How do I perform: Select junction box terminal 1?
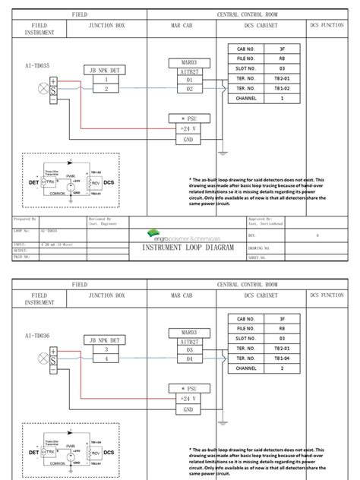[x=107, y=79]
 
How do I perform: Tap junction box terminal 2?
[x=107, y=88]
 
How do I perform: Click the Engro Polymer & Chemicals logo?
[x=179, y=237]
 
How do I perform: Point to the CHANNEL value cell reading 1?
[x=281, y=98]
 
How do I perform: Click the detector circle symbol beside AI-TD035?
[x=43, y=88]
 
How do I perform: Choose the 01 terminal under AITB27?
[x=189, y=79]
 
